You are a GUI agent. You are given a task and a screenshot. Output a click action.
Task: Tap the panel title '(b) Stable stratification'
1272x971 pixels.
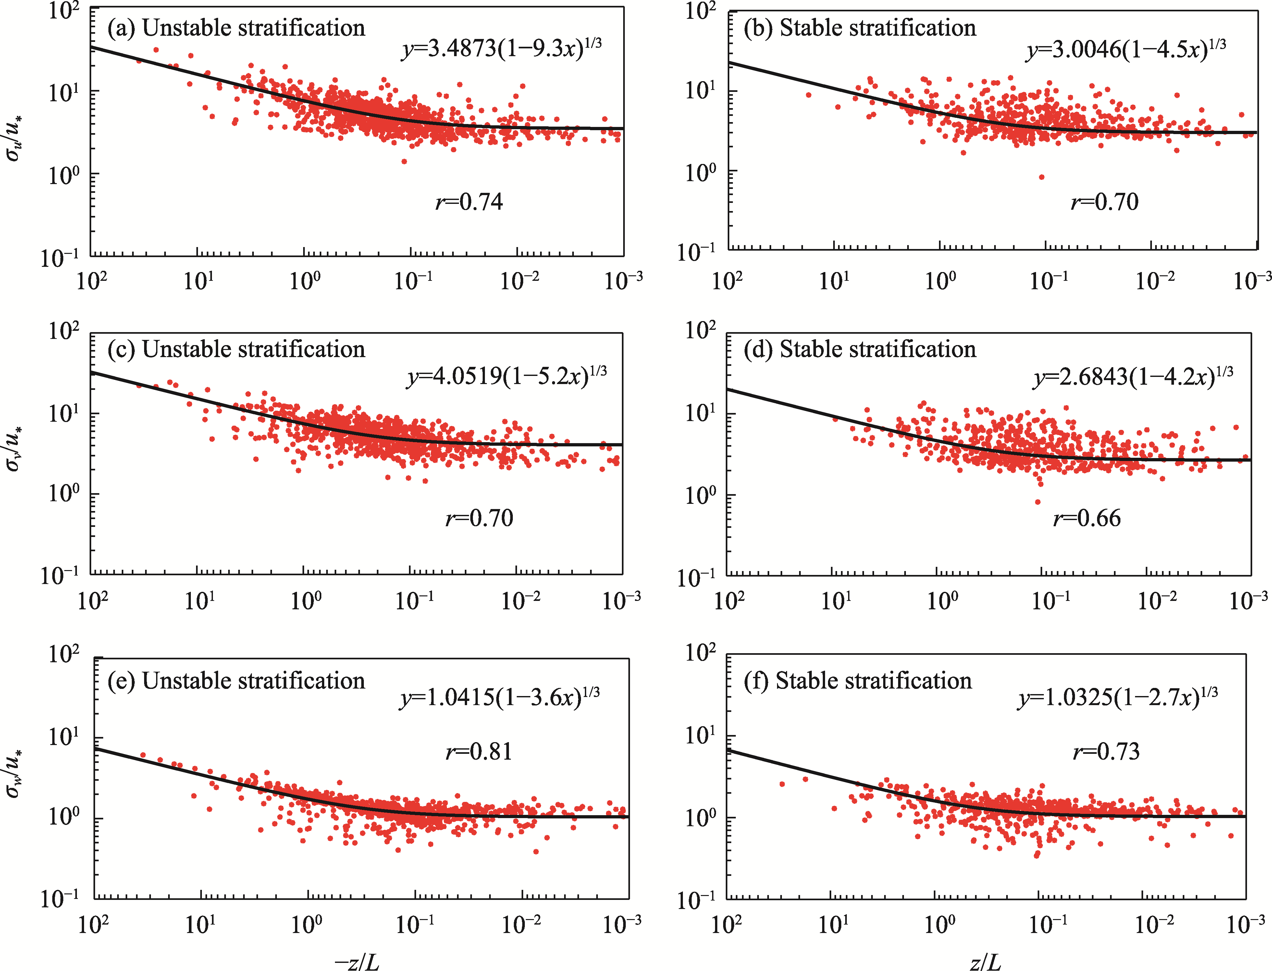pos(859,28)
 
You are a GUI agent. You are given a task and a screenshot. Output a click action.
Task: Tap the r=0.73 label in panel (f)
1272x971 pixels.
pos(1106,751)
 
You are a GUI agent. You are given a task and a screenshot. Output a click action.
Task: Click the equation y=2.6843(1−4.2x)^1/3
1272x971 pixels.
pos(1133,377)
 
